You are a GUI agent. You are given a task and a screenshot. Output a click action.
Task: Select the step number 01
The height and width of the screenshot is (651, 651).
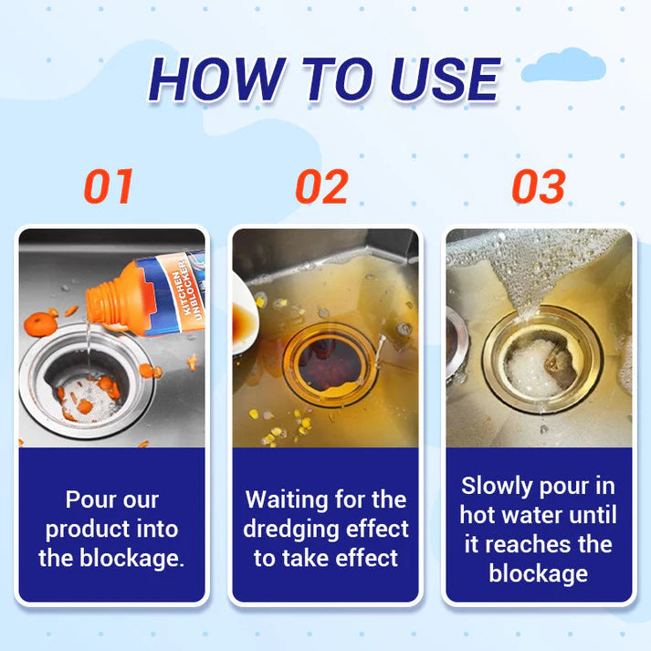pyautogui.click(x=109, y=185)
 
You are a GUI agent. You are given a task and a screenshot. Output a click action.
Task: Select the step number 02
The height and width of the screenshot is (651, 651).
pyautogui.click(x=321, y=185)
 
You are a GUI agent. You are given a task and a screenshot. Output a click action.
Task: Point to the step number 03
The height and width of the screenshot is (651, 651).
pyautogui.click(x=538, y=185)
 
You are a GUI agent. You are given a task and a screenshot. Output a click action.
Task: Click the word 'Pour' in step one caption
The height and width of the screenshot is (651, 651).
pyautogui.click(x=88, y=499)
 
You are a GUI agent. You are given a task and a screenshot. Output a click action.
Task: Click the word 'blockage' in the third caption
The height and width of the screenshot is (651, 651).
pyautogui.click(x=538, y=572)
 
